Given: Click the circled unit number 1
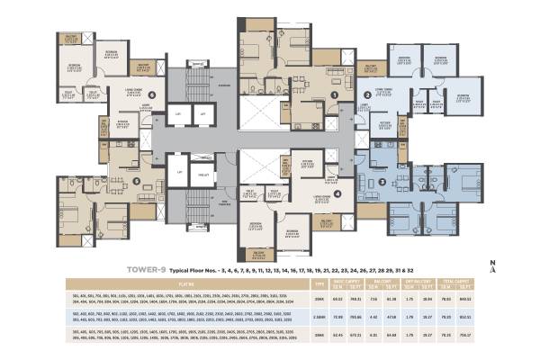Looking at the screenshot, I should pos(334,94).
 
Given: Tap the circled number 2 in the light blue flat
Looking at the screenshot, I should pos(367,94).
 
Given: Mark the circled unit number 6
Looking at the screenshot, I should pos(153,94).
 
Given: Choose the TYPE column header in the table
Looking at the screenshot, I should pos(318,283).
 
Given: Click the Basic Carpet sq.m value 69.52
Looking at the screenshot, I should pos(335,297).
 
